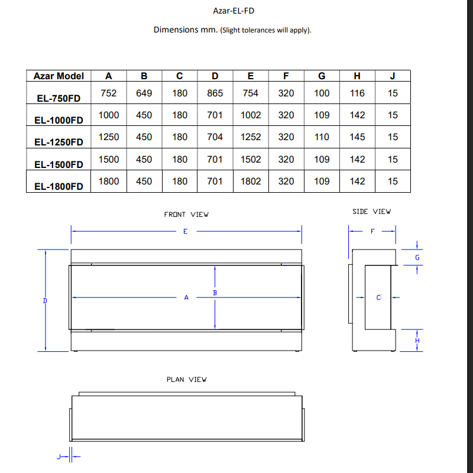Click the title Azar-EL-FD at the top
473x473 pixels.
234,11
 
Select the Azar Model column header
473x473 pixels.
59,76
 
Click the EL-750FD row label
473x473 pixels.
59,98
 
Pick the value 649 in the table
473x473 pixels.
144,93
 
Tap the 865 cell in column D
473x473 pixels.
215,93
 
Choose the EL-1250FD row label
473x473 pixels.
59,142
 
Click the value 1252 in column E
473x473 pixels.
251,137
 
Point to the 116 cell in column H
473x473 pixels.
357,93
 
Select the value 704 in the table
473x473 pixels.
215,137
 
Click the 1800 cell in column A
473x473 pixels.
109,182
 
